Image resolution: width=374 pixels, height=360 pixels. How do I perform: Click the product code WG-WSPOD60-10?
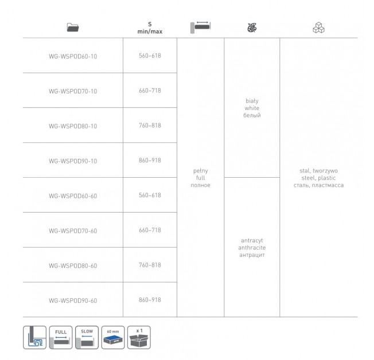pos(73,57)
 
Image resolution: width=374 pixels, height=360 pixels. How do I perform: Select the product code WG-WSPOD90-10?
pos(73,161)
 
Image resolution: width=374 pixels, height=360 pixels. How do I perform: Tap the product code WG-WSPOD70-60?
pos(73,231)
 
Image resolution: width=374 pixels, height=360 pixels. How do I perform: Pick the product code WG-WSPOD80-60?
pos(73,266)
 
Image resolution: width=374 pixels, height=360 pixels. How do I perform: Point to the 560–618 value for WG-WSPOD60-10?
pos(150,56)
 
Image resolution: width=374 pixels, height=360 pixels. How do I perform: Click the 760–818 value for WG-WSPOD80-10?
pos(150,126)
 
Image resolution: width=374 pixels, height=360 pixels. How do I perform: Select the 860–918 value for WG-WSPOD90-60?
pos(150,300)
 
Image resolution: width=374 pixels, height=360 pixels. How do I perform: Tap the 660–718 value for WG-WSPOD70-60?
pos(150,230)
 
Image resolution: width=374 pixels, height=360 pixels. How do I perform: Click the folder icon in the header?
pos(73,28)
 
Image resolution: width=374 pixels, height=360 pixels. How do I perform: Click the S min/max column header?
pos(150,28)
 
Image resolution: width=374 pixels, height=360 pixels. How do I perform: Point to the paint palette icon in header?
pos(252,28)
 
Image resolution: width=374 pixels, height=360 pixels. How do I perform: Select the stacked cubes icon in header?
pos(319,28)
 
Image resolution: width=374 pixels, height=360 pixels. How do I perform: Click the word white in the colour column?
pos(252,108)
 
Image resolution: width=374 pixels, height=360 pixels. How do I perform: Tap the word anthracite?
pos(252,248)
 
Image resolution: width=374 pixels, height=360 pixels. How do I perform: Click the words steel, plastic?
pos(319,178)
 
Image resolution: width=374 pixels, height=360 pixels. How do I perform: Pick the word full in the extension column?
pos(201,178)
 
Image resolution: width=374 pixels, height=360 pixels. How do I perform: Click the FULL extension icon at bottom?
pos(61,337)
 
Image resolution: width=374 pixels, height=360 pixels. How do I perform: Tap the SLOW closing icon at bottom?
pos(87,337)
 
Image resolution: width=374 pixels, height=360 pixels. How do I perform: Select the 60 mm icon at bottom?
pos(113,337)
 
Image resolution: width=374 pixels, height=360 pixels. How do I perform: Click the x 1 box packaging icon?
pos(139,337)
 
